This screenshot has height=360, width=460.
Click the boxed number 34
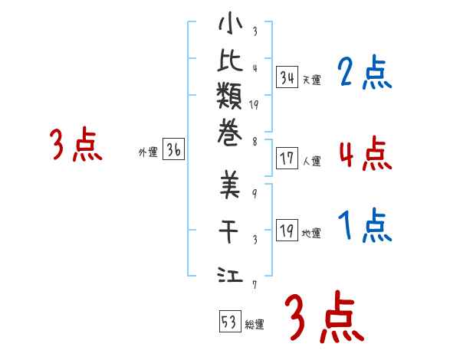pos(287,77)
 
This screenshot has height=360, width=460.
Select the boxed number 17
pos(287,159)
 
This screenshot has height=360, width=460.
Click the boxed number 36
pos(174,151)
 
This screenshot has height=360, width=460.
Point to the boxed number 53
pos(228,320)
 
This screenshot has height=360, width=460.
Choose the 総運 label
pos(254,324)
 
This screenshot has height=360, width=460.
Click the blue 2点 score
pos(365,74)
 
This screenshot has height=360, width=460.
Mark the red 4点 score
pos(365,153)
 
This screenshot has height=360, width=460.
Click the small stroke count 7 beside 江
pos(253,285)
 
